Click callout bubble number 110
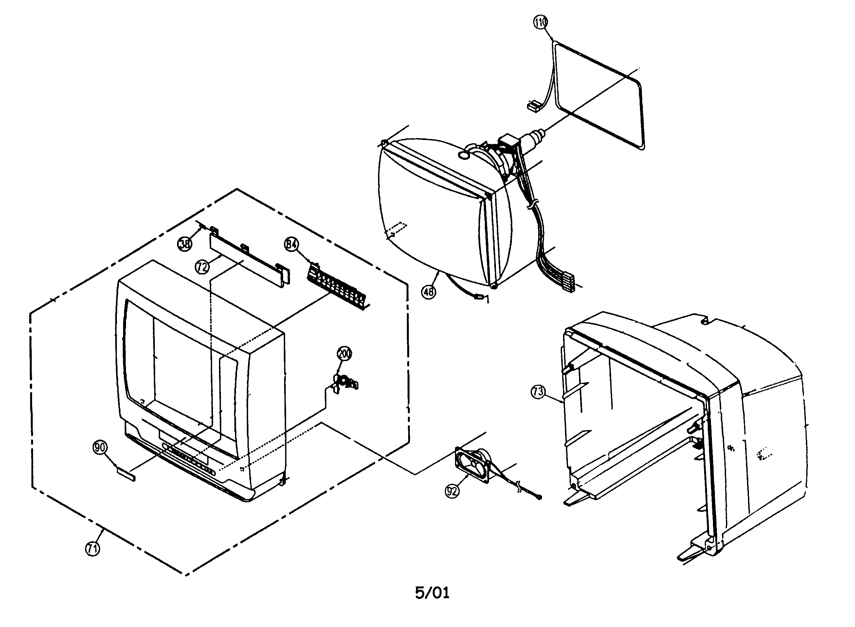(x=540, y=22)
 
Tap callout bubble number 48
(x=429, y=292)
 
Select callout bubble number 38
(x=185, y=243)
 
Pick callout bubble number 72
(x=202, y=267)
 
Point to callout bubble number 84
(x=291, y=244)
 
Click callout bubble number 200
(x=344, y=354)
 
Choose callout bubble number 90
(x=100, y=447)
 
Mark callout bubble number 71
(x=92, y=549)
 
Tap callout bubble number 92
(x=452, y=492)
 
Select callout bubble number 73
(x=538, y=392)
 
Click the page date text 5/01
(x=432, y=593)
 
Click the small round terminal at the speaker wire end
(x=540, y=497)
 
